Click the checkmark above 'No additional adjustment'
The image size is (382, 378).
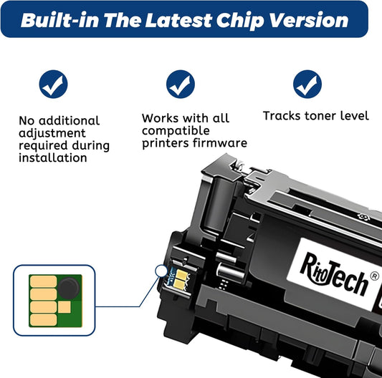pos(53,85)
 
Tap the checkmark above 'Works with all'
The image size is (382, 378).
pos(180,85)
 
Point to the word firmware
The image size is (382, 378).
pos(219,143)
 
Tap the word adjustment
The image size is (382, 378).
pos(52,133)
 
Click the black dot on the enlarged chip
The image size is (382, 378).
pos(67,290)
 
